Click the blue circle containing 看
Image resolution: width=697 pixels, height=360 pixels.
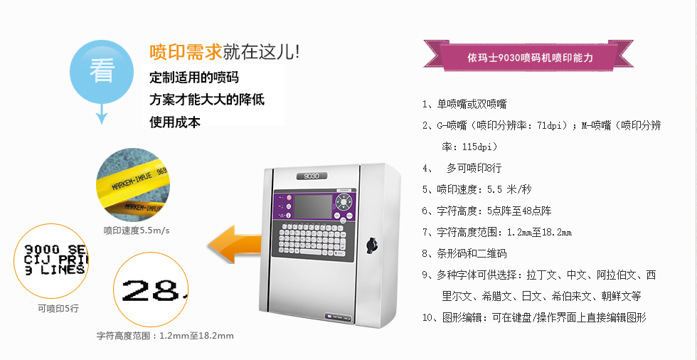[102, 72]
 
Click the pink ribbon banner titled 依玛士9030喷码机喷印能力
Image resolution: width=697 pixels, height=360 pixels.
[528, 55]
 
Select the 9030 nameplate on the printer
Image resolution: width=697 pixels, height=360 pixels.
[312, 175]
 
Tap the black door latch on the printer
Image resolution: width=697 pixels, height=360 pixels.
[371, 245]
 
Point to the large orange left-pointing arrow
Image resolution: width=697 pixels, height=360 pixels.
[235, 244]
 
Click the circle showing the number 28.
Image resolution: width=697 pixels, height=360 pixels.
[151, 290]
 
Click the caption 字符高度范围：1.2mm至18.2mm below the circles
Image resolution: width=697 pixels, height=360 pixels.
[165, 336]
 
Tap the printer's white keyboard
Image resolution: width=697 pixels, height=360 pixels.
[309, 240]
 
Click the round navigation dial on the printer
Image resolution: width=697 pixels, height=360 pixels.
[344, 203]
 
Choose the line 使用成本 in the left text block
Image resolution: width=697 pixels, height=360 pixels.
[175, 122]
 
